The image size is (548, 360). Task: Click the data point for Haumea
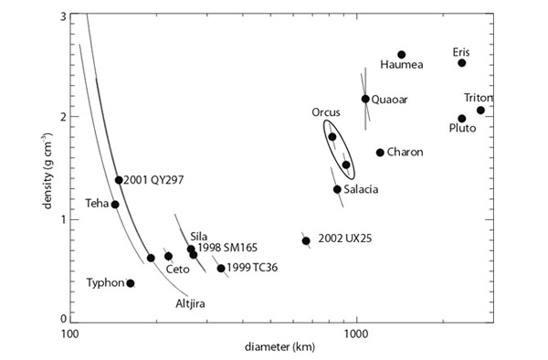pos(402,55)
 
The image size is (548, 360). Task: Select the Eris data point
pos(462,63)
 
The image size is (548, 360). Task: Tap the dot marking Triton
pos(480,111)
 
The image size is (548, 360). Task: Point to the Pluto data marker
pos(462,119)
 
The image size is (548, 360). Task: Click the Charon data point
pos(380,153)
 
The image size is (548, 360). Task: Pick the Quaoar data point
pos(365,99)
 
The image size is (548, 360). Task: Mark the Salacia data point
pos(337,189)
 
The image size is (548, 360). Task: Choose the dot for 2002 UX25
pos(306,240)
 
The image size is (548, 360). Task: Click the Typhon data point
pos(131,283)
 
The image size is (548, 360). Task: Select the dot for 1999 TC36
pos(221,269)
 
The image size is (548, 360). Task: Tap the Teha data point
pos(115,205)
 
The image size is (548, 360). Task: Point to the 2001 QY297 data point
pos(119,180)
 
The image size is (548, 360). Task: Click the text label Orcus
pos(326,113)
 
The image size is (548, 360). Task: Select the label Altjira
pos(189,304)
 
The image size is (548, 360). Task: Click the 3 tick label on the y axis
pos(61,17)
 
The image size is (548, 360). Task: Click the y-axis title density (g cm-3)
pos(43,168)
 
